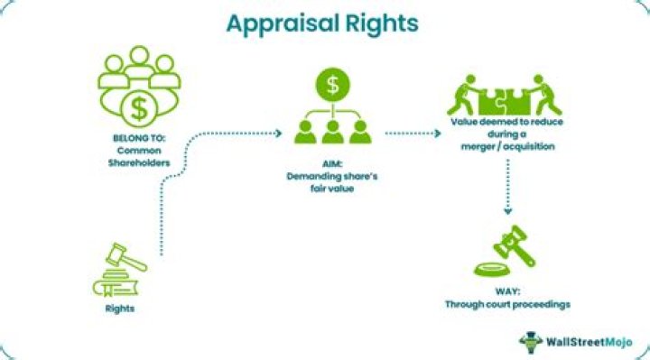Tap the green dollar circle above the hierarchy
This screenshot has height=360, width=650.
pos(332,87)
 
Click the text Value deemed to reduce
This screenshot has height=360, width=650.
pos(506,121)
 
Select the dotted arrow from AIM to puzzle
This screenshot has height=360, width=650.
pos(413,132)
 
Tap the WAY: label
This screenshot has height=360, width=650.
pos(506,290)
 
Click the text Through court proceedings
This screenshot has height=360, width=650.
pos(506,304)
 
